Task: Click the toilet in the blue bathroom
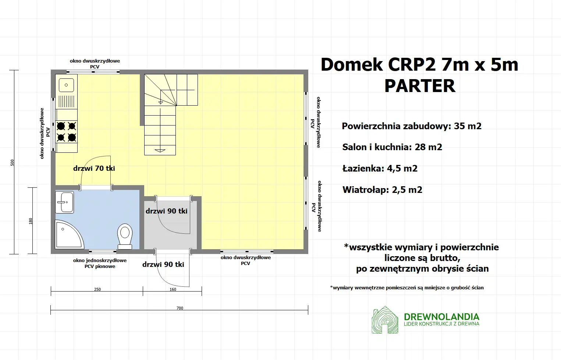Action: [x=125, y=236]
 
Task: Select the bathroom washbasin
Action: [x=65, y=202]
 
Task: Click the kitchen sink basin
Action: [x=66, y=85]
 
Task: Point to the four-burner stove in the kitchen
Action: [x=67, y=131]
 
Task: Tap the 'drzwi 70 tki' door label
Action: [x=94, y=168]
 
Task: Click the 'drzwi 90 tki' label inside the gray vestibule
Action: [x=167, y=211]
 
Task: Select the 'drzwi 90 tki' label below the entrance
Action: [x=163, y=264]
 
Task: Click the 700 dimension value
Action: [x=180, y=308]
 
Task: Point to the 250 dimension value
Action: [x=97, y=289]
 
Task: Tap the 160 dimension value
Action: [x=173, y=289]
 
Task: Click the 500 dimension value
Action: [x=12, y=162]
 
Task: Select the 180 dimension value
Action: [x=31, y=221]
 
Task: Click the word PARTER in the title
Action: [x=420, y=86]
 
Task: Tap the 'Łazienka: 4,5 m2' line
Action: [x=380, y=169]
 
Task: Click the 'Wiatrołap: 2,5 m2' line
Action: [x=382, y=190]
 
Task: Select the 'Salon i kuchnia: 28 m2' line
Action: [x=392, y=147]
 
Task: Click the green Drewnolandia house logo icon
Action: [x=385, y=320]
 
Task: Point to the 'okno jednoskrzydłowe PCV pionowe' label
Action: [x=100, y=263]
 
